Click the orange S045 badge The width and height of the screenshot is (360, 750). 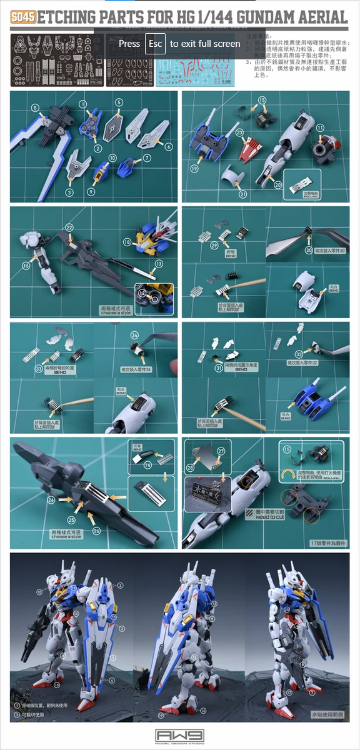pyautogui.click(x=23, y=17)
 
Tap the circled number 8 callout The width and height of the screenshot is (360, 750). pyautogui.click(x=36, y=108)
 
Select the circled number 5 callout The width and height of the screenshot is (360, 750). pyautogui.click(x=119, y=102)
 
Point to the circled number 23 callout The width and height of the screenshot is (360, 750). pyautogui.click(x=240, y=132)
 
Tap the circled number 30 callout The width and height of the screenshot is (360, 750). pyautogui.click(x=309, y=251)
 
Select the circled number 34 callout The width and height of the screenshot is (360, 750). pyautogui.click(x=134, y=336)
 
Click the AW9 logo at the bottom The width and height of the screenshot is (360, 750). pyautogui.click(x=179, y=736)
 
